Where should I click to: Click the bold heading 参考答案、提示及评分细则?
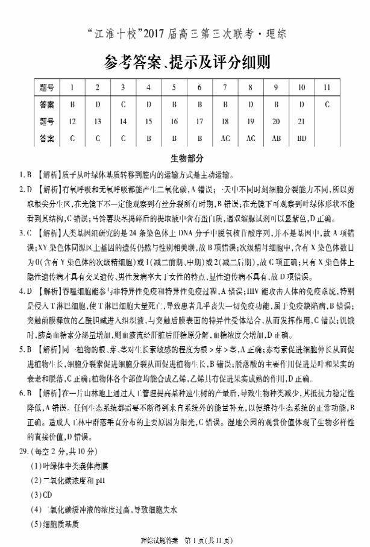185,62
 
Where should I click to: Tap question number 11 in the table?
327,87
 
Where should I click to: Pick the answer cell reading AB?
275,138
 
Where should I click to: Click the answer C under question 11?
327,104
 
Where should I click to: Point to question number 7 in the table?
225,87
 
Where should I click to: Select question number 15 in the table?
148,121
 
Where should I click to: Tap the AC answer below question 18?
225,138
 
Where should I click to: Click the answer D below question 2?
98,104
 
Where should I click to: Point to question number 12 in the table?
72,121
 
